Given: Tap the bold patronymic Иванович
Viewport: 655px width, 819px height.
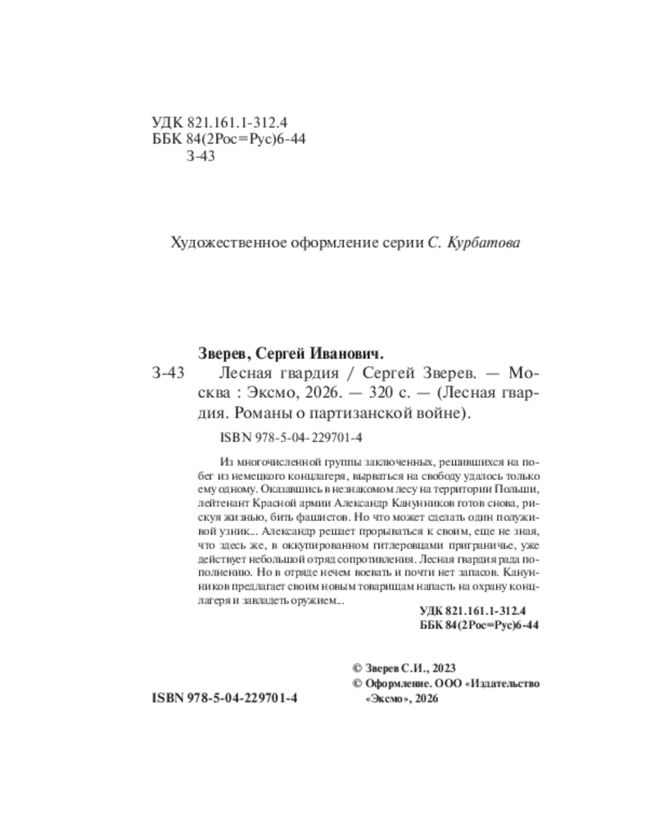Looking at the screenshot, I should [347, 353].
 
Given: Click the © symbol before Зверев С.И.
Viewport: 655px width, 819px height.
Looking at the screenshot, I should [356, 667].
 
